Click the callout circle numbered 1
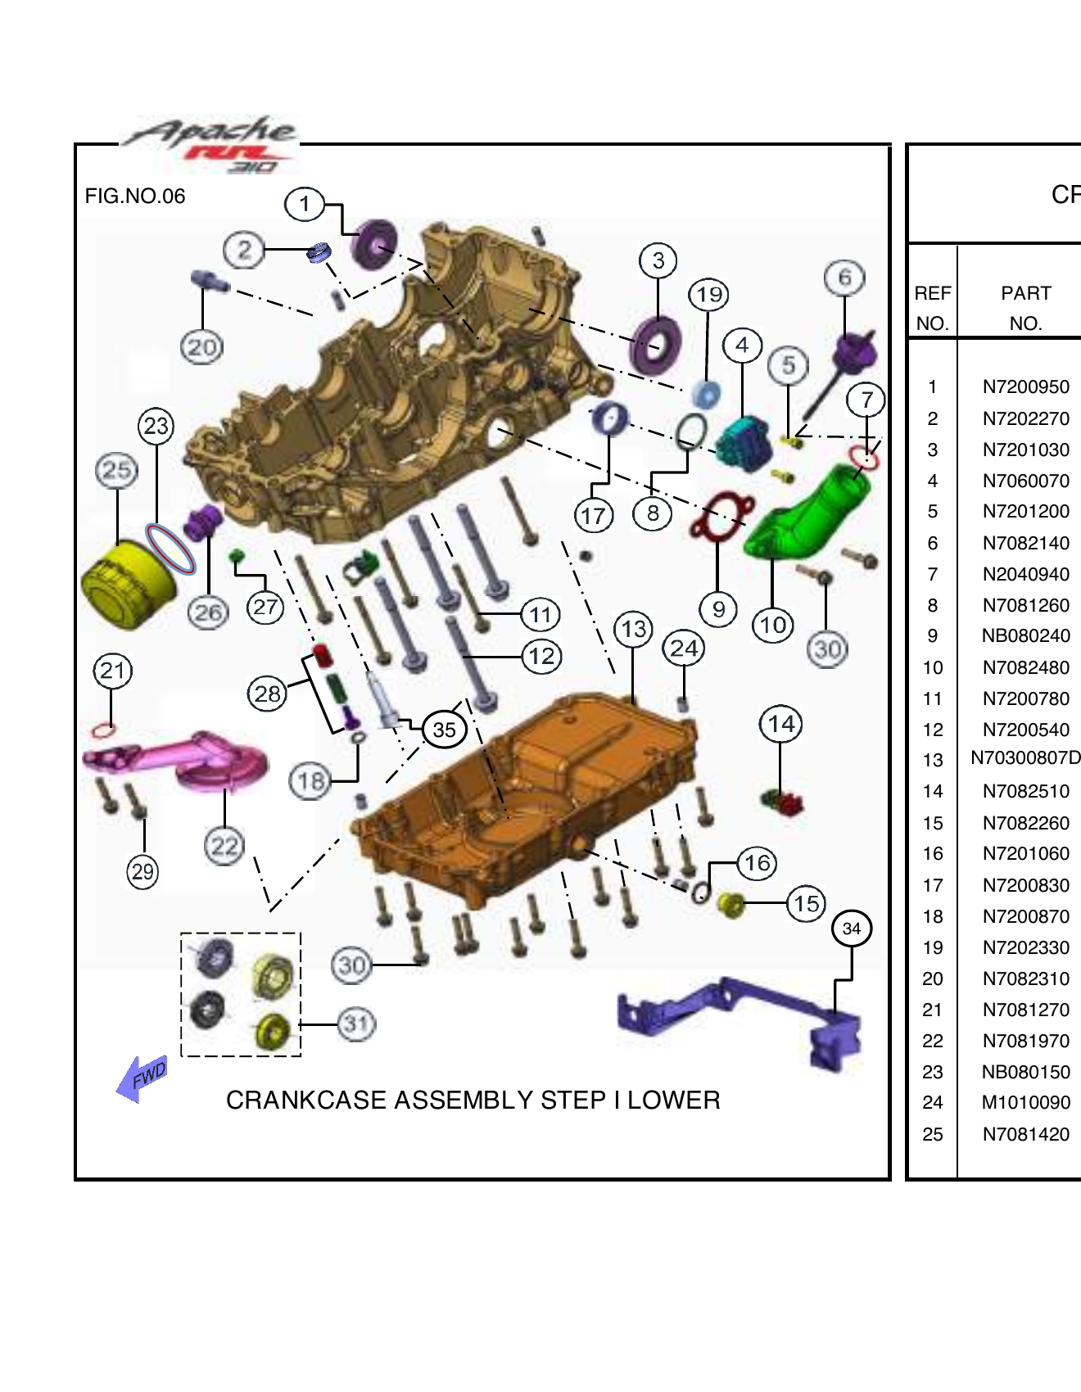(305, 204)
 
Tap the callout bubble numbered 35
(444, 730)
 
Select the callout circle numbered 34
(852, 929)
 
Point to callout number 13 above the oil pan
(634, 630)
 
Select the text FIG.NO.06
(135, 197)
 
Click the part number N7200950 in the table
(1025, 387)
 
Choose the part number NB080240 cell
(1025, 636)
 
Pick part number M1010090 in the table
(1025, 1103)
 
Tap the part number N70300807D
(1025, 759)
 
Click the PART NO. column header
(1025, 307)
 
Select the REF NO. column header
(933, 307)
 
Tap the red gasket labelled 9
(721, 516)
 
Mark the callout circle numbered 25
(116, 470)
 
